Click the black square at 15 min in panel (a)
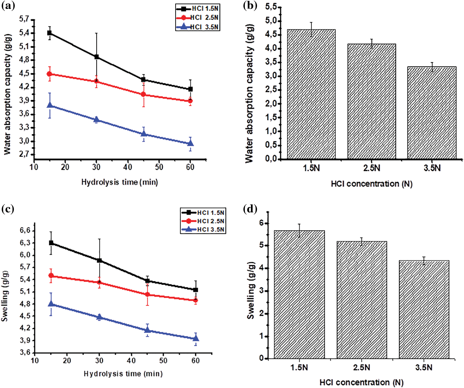tap(49, 33)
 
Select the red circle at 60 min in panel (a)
tap(190, 101)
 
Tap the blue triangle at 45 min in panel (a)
tap(144, 134)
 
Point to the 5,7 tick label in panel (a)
tap(24, 19)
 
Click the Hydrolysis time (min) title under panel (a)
tap(119, 182)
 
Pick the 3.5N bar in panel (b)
tap(432, 113)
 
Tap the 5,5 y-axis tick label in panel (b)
tap(271, 7)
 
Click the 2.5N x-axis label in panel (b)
tap(371, 168)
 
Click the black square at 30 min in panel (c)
tap(99, 260)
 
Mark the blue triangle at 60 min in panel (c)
tap(196, 338)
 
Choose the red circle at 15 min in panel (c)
tap(51, 276)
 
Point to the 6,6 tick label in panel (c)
tap(25, 230)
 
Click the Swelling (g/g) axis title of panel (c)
tap(5, 296)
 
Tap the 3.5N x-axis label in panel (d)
tap(424, 367)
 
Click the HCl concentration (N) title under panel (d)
tap(361, 383)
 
